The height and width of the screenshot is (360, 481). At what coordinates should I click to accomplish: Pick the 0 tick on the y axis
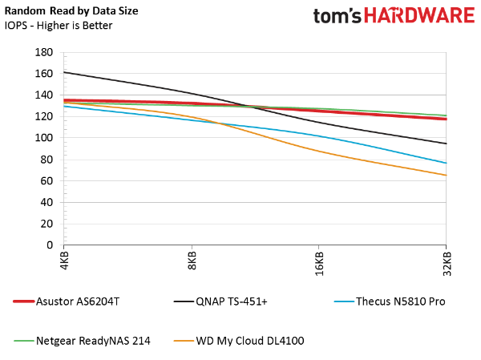coord(51,245)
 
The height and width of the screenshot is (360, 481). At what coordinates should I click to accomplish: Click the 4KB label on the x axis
coord(65,261)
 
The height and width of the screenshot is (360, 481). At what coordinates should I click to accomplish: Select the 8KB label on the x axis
coord(192,261)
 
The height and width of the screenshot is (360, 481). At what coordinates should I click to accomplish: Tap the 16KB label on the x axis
coord(319,264)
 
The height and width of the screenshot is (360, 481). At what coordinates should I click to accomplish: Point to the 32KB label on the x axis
coord(447,264)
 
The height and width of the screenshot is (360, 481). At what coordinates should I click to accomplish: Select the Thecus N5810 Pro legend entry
coord(389,301)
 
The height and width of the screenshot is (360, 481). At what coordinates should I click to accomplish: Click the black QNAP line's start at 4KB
coord(65,72)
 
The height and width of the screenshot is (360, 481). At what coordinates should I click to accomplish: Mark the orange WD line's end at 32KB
coord(446,175)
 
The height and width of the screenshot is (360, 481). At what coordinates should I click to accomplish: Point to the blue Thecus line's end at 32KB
coord(446,163)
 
